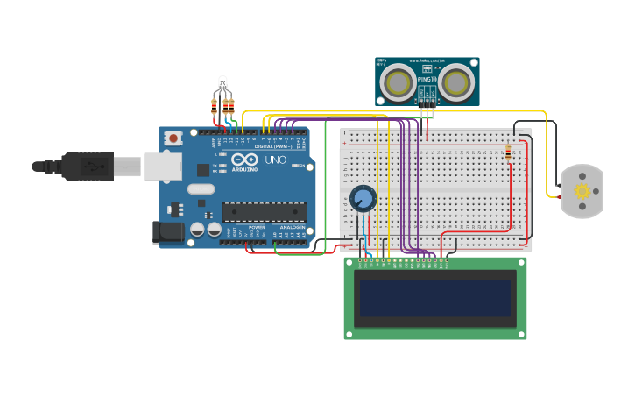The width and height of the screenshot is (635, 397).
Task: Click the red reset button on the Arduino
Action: pos(173,138)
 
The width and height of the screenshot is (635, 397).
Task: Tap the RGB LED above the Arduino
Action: pos(222,84)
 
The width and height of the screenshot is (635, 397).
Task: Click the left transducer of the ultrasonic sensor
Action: pos(399,82)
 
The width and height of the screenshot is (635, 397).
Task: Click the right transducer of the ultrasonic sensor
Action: pos(456,82)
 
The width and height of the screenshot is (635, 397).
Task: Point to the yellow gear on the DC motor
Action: pos(582,191)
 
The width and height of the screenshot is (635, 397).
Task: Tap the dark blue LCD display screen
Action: pos(435,298)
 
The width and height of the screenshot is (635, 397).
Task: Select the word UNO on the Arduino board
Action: pos(275,160)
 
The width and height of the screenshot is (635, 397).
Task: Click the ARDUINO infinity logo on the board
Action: pos(243,161)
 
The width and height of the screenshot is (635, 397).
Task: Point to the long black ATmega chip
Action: pos(265,211)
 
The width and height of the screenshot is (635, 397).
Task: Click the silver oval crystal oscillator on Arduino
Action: pos(201,188)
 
